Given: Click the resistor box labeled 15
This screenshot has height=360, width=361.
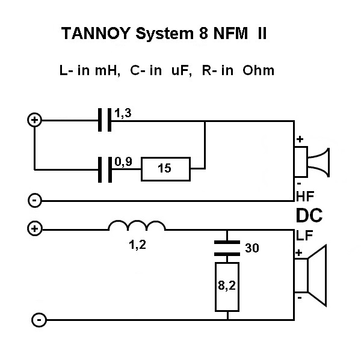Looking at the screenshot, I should point(165,169).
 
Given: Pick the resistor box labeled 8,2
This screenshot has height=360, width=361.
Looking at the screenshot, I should point(227,287).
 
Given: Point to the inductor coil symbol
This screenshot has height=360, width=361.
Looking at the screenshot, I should point(137,226).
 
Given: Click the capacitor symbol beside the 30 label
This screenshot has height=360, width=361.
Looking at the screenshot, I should point(227,248).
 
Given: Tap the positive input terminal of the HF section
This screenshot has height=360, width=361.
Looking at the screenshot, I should point(35,120).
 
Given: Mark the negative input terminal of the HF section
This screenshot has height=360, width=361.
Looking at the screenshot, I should point(35,200).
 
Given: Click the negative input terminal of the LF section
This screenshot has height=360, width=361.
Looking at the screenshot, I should point(38,320).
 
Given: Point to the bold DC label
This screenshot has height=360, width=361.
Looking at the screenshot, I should point(309,215).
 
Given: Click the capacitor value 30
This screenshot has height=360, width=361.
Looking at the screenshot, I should point(252,247).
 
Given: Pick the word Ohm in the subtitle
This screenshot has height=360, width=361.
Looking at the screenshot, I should point(259,71).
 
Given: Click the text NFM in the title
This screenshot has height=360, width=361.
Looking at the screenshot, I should point(230,35).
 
